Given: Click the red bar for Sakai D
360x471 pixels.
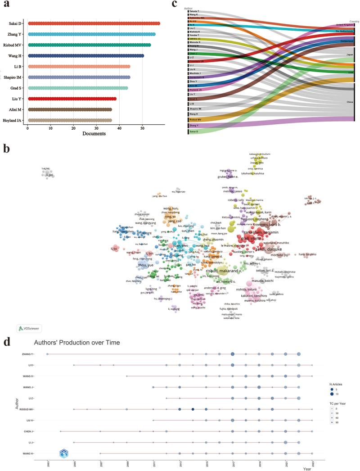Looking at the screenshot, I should pos(94,23).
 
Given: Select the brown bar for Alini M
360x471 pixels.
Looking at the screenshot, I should pos(70,109).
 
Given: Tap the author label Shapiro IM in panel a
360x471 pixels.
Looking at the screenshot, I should pos(15,77).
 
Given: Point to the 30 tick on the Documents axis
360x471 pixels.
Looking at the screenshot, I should pos(96,127).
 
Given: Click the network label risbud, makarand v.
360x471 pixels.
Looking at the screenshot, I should pos(224,271).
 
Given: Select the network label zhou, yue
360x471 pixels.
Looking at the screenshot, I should pos(147,265).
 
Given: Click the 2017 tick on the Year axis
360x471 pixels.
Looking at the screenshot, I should pos(233,463).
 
